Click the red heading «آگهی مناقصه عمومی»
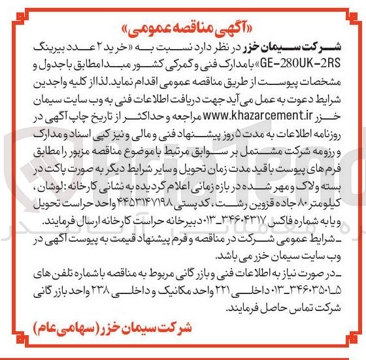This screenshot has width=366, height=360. [183, 30]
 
